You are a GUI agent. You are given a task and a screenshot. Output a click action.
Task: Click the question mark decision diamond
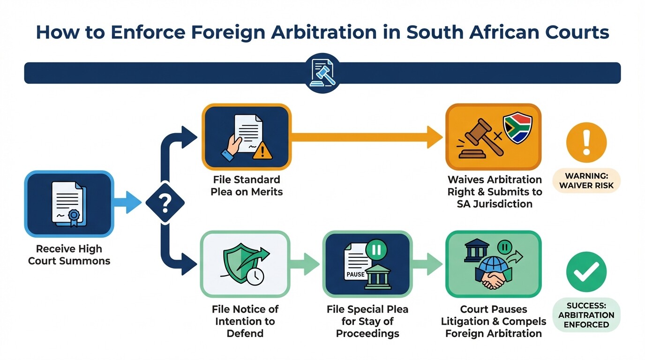coord(165,202)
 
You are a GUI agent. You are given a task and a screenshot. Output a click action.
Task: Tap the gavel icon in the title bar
coord(322,73)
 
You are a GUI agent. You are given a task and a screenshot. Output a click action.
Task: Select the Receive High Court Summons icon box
coord(69,203)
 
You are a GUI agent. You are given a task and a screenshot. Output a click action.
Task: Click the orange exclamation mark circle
coord(586,142)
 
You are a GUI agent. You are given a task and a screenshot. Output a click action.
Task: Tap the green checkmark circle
coord(586,271)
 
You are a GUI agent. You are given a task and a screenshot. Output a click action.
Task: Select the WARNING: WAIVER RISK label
coord(586,181)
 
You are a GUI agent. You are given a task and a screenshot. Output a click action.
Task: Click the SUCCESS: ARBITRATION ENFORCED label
coord(586,315)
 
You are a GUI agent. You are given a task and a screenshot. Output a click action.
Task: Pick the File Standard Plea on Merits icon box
coord(247,137)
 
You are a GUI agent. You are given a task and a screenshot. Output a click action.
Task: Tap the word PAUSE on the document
coord(355,274)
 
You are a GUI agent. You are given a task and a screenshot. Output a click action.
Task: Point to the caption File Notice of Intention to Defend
coord(245,322)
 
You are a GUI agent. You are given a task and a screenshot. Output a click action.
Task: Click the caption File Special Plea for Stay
coord(367,322)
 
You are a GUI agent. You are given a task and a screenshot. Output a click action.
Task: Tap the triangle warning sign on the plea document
coord(265,151)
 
